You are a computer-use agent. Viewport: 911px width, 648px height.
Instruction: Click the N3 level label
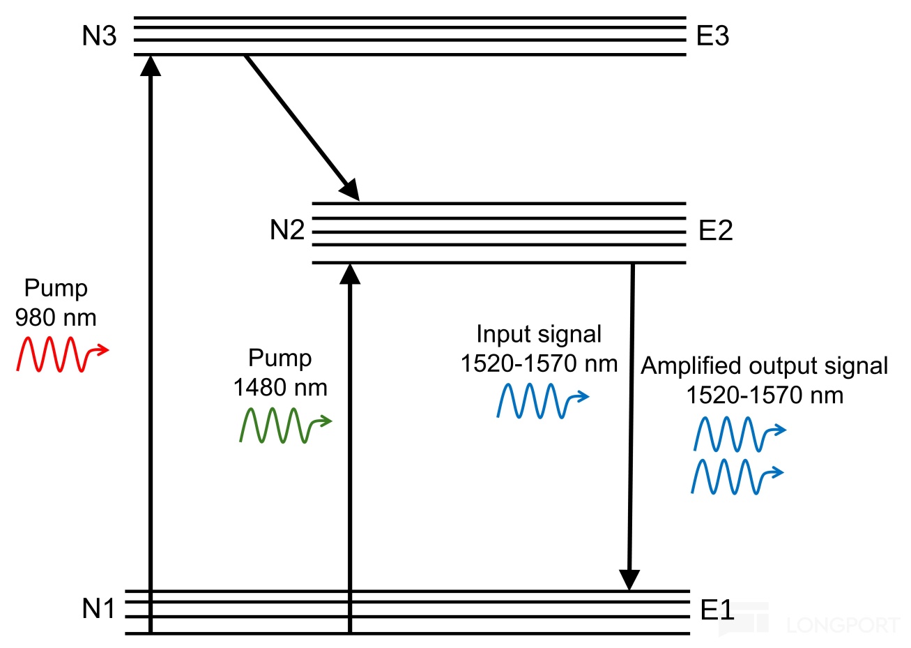click(x=99, y=36)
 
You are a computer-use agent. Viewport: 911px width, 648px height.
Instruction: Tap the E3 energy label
click(x=712, y=36)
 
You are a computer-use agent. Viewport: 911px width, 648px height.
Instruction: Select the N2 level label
click(x=287, y=230)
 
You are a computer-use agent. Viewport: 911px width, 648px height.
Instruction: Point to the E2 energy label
click(x=715, y=230)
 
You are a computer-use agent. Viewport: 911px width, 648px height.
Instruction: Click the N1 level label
click(x=99, y=609)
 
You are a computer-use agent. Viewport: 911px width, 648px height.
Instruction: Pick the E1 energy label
click(x=717, y=610)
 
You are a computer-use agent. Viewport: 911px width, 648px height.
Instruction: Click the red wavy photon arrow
click(x=63, y=354)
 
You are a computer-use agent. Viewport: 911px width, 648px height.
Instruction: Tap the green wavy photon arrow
click(x=286, y=425)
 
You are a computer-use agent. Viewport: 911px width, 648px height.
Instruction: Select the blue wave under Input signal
click(x=543, y=401)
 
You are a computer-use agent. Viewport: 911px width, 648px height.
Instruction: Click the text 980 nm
click(x=56, y=318)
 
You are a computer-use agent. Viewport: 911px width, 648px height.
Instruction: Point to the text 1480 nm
click(x=280, y=388)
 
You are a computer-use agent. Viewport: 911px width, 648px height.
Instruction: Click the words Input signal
click(x=539, y=335)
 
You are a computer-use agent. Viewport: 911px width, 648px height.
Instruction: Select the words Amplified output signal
click(x=764, y=366)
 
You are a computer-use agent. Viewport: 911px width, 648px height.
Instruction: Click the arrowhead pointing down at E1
click(x=629, y=580)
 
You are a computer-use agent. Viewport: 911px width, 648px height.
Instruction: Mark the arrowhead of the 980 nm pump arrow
click(x=151, y=66)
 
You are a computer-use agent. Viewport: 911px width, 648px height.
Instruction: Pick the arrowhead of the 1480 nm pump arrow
click(x=350, y=274)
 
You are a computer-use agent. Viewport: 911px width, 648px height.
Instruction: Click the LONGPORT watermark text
click(x=844, y=626)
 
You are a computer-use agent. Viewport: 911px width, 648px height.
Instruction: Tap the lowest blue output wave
click(x=737, y=477)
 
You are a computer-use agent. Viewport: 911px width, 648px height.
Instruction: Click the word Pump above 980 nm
click(x=56, y=289)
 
